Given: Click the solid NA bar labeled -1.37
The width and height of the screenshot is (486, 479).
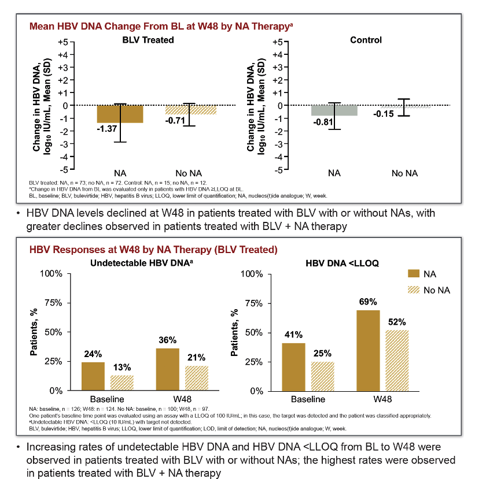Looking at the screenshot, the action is [120, 114].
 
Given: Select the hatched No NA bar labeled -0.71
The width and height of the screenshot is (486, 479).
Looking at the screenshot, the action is [190, 110].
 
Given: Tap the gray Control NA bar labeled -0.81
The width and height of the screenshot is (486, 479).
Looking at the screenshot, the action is [334, 110].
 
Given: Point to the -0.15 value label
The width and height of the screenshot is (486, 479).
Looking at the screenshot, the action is [384, 114].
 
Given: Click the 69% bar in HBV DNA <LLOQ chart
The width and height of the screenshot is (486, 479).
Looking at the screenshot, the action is [368, 351].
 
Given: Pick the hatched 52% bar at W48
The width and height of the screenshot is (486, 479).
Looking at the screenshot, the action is [397, 361].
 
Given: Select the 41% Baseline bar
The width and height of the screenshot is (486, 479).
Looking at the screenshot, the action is [293, 367].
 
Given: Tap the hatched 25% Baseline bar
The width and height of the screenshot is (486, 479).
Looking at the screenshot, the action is [323, 376].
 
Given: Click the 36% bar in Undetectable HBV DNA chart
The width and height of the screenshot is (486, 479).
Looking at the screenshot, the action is [168, 369].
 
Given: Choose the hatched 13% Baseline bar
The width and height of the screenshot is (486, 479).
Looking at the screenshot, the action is [122, 383].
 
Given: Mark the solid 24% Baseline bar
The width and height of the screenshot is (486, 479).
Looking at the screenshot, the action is [93, 376].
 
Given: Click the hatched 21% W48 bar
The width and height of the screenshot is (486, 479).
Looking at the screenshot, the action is [197, 378].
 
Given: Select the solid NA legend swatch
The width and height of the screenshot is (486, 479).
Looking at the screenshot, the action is [414, 274].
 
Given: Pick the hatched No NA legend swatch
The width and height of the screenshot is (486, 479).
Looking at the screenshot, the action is [414, 290].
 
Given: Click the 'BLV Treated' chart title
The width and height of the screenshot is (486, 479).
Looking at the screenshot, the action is [148, 40].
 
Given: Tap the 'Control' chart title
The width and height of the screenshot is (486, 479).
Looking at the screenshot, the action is [366, 40].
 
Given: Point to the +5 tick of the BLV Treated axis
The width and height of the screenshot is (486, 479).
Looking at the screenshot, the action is [63, 42].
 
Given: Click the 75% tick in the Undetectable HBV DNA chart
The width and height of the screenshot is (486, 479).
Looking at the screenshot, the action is [53, 303].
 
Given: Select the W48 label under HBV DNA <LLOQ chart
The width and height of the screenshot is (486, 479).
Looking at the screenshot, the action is [382, 399].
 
